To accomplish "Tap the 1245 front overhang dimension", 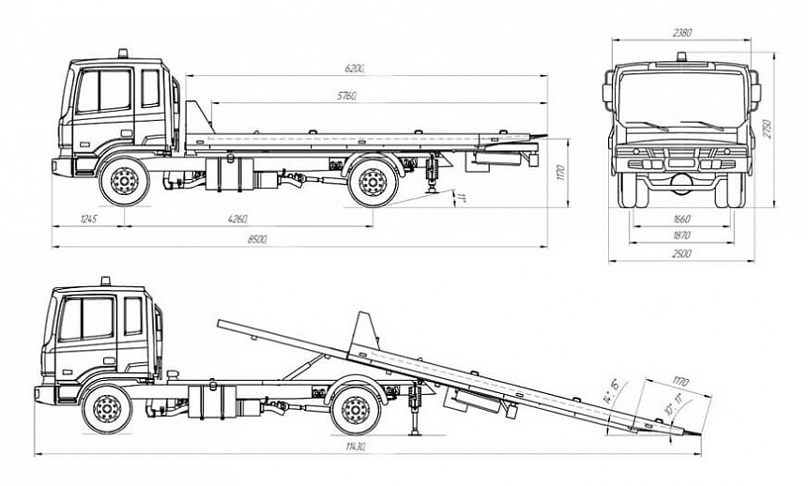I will pyautogui.click(x=89, y=219).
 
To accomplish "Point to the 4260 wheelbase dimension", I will pyautogui.click(x=236, y=219).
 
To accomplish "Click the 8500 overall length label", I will pyautogui.click(x=257, y=240).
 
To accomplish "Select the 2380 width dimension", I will pyautogui.click(x=682, y=33).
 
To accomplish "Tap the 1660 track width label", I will pyautogui.click(x=682, y=219).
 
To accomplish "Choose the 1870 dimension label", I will pyautogui.click(x=682, y=235).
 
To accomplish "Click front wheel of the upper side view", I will pyautogui.click(x=124, y=182).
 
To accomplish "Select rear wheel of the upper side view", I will pyautogui.click(x=372, y=182).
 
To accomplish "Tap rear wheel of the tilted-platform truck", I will pyautogui.click(x=355, y=411).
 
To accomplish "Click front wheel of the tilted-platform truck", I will pyautogui.click(x=106, y=410).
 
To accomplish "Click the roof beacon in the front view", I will pyautogui.click(x=682, y=57).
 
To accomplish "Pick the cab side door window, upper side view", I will pyautogui.click(x=103, y=91).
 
